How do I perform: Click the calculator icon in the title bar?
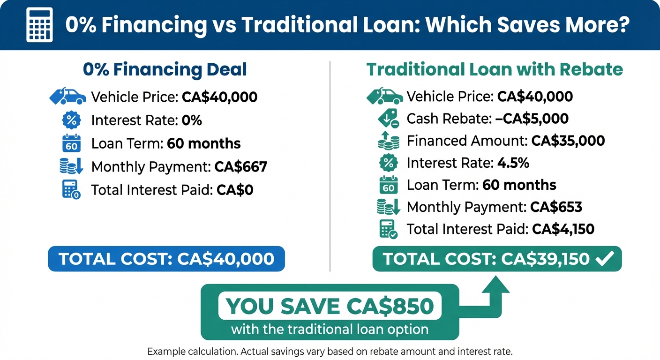(x=39, y=24)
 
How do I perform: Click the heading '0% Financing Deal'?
(x=165, y=70)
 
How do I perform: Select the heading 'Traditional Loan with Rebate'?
(x=495, y=70)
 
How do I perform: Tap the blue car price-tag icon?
(x=68, y=97)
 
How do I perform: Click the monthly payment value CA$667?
(x=240, y=166)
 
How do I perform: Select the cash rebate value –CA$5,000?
(x=532, y=119)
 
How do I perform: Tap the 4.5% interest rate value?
(x=513, y=163)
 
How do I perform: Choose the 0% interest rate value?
(x=191, y=120)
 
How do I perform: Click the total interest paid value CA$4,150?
(x=563, y=229)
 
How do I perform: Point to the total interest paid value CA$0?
(x=235, y=189)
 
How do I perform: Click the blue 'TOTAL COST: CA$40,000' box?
(x=166, y=259)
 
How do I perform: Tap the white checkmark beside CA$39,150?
(x=603, y=259)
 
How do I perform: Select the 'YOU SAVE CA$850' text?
(x=330, y=306)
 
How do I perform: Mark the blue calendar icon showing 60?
(x=72, y=143)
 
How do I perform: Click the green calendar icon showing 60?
(x=388, y=185)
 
